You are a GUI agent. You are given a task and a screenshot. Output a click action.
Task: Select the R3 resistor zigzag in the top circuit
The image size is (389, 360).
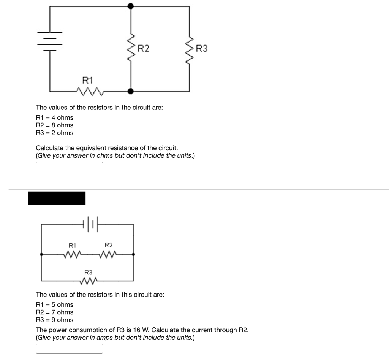click(189, 48)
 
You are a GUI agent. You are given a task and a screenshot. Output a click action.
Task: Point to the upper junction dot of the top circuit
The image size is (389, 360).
click(131, 6)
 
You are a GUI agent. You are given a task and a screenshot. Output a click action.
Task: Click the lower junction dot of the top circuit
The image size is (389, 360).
click(131, 91)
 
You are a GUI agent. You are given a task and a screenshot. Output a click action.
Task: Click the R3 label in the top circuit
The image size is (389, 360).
click(202, 49)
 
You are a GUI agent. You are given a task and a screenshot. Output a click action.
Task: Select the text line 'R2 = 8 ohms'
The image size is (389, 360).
click(54, 125)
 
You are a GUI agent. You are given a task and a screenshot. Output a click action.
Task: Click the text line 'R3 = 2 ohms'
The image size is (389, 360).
click(54, 133)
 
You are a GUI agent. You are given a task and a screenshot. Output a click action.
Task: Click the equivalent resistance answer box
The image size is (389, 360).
click(69, 167)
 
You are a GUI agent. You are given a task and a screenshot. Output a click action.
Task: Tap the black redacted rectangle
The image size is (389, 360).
click(57, 198)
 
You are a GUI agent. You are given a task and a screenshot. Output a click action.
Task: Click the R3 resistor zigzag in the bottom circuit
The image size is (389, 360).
click(89, 281)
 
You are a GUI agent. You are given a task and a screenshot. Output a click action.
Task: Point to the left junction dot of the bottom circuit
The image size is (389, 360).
click(41, 253)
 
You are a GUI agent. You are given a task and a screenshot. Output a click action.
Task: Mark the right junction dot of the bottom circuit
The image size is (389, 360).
click(133, 253)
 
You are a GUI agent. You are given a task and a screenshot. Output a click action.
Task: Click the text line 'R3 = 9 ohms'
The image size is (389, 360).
click(54, 320)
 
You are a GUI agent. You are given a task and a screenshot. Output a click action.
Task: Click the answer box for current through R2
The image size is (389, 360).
click(69, 349)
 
